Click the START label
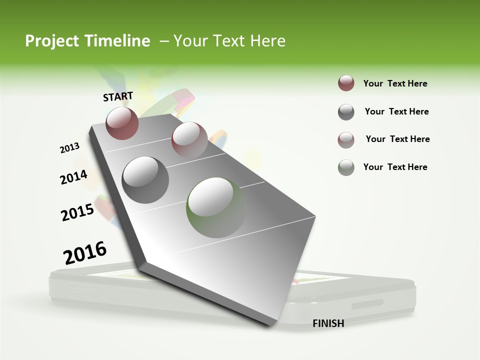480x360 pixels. point(118,96)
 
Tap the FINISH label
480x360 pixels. point(328,323)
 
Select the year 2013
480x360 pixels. point(69,148)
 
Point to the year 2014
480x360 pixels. point(73,177)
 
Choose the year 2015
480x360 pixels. point(77,212)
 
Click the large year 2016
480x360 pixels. point(85,253)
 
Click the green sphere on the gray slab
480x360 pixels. point(216,207)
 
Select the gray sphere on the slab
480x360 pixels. point(145,179)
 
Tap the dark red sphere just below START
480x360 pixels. point(122,123)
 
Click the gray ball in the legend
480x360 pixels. point(346,112)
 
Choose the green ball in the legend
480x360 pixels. point(346,167)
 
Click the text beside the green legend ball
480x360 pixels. point(395,167)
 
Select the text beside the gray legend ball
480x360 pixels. point(396,111)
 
